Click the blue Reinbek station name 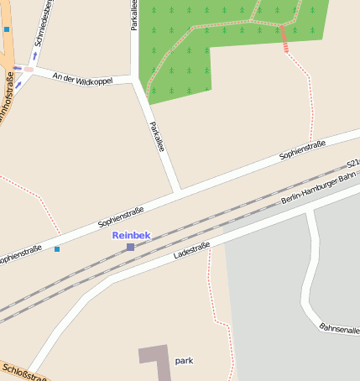[132, 236]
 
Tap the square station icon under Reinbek [130, 247]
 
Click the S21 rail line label [352, 163]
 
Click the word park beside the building [185, 360]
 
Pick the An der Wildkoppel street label [81, 79]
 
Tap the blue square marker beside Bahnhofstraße [7, 29]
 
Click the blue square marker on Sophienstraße [57, 249]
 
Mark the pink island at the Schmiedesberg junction [29, 69]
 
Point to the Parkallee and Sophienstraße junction [178, 193]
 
